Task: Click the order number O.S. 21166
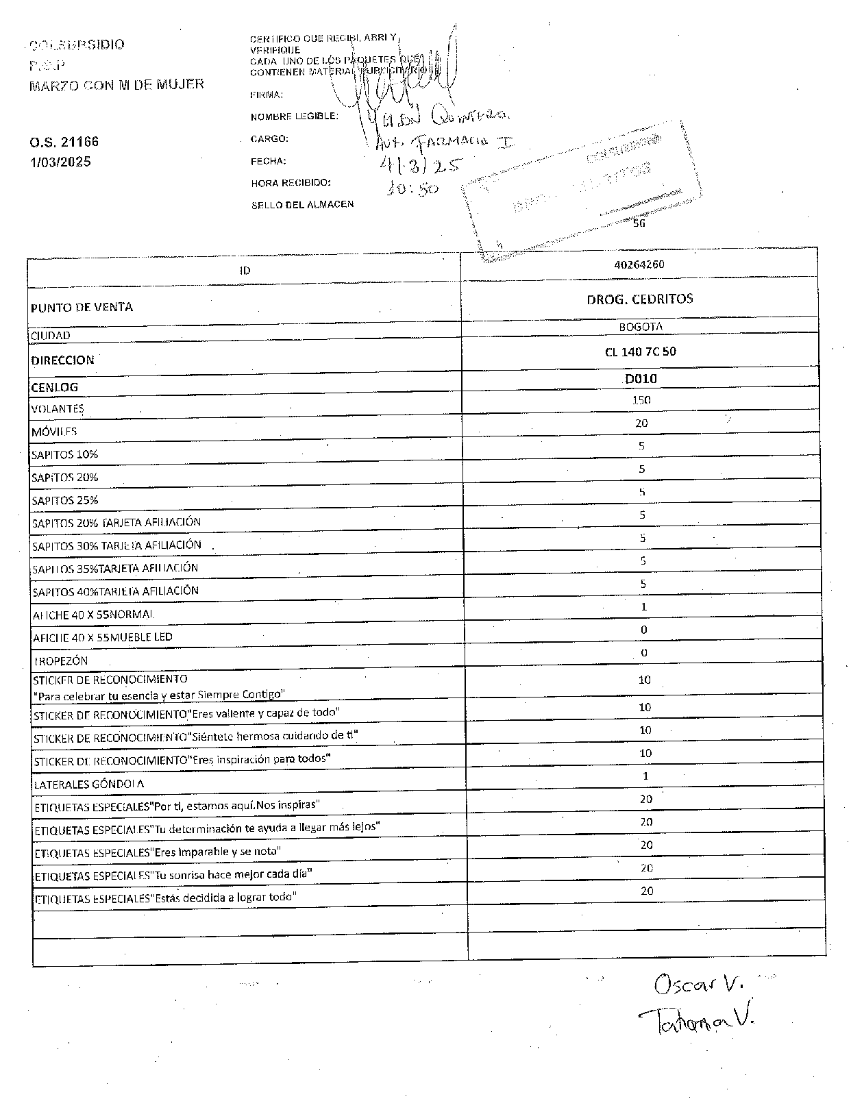click(64, 142)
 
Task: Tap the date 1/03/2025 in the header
click(60, 162)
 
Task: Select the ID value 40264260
click(639, 264)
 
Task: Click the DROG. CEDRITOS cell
click(640, 299)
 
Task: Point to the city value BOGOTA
click(641, 327)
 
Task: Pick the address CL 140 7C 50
click(641, 352)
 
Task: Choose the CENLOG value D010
click(641, 379)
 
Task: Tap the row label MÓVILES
click(54, 432)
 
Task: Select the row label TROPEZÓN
click(61, 661)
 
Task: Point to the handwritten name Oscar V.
click(698, 985)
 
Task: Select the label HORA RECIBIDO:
click(291, 183)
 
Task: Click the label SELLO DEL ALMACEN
click(302, 204)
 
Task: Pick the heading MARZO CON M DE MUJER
click(116, 85)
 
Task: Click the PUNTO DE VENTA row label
click(82, 307)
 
